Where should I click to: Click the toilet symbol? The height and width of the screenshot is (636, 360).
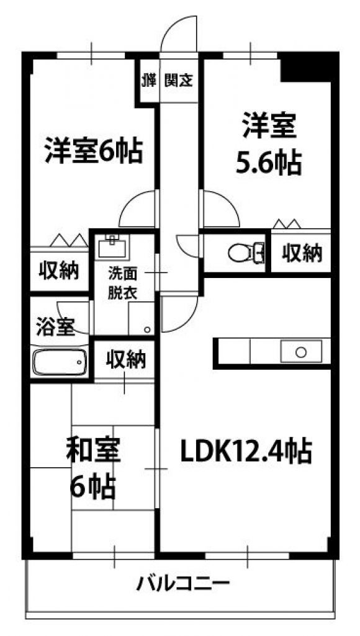pos(246,253)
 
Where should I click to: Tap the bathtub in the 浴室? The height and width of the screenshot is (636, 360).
pos(60,362)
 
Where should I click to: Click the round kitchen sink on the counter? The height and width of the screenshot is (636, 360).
pos(301,352)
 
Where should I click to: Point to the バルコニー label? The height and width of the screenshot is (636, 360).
pos(182,585)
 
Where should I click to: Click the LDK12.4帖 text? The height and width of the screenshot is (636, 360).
pos(246,452)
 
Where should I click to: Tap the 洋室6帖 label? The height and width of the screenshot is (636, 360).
pos(93,151)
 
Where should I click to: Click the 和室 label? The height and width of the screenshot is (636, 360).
pos(93,452)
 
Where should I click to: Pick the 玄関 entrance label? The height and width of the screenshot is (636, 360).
pos(178,81)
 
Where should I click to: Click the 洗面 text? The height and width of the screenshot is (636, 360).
pos(122,274)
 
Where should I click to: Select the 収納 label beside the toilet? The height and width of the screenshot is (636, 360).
pos(302,254)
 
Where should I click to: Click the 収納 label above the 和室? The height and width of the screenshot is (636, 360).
pos(125,359)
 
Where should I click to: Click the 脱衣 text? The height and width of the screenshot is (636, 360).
pos(122,293)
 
